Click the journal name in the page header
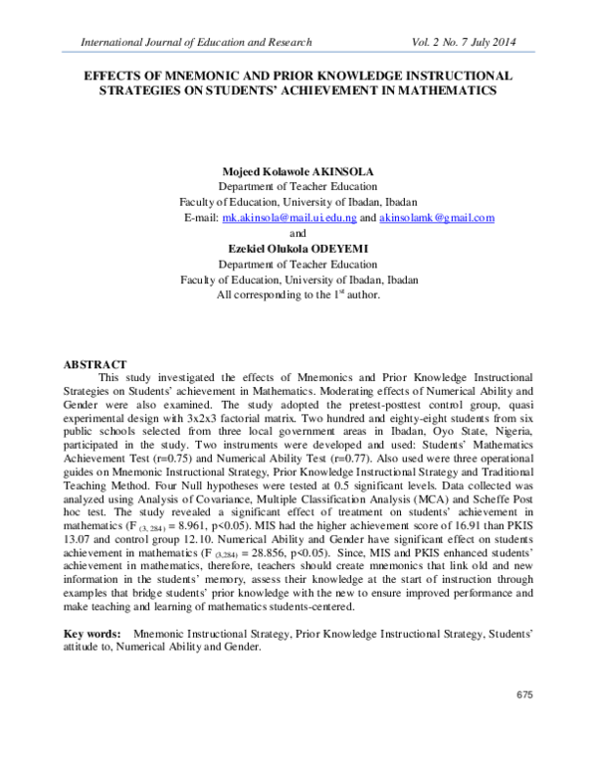[x=196, y=42]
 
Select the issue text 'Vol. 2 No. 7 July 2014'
[x=472, y=42]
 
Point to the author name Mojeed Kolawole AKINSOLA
[x=298, y=170]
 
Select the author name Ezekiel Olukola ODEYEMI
[x=298, y=249]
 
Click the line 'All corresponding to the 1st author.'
[x=298, y=295]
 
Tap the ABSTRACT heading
[x=98, y=365]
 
